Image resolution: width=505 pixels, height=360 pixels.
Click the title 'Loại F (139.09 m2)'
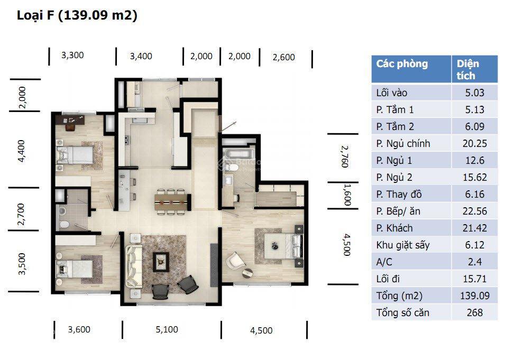[x=77, y=16]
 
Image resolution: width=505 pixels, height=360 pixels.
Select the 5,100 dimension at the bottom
[x=167, y=329]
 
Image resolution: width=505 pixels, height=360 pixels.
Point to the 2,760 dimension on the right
[x=344, y=156]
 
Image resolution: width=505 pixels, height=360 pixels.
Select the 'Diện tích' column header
[x=468, y=69]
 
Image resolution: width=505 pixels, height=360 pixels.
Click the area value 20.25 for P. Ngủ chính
[x=474, y=143]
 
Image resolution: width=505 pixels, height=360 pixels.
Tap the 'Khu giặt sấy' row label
[x=402, y=245]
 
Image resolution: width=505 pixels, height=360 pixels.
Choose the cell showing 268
[x=474, y=312]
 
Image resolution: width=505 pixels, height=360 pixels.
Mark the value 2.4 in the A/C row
[x=474, y=262]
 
